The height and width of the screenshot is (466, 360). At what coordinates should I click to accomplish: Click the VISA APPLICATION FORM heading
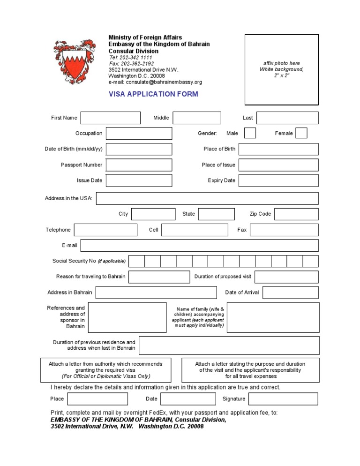coord(153,94)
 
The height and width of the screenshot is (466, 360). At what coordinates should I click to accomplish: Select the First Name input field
coord(111,118)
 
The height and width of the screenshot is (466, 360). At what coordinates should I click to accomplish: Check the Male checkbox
coord(250,133)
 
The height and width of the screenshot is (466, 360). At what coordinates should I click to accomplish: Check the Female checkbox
coord(301,133)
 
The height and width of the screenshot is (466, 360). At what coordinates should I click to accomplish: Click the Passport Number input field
coord(139,165)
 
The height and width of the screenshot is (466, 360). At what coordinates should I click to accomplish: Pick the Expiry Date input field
coord(278,180)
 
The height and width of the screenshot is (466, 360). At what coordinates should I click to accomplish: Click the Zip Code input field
coord(296,214)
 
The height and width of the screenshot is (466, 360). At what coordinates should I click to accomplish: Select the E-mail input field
coord(199,245)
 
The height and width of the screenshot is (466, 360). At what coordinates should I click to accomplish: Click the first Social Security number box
coord(136,261)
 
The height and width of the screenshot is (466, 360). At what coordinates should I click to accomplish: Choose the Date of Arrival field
coord(290,293)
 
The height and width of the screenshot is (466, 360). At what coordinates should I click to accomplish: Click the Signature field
coord(283,398)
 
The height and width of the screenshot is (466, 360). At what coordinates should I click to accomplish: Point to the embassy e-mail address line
coord(155,82)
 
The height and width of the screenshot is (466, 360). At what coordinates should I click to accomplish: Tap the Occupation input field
coord(139,133)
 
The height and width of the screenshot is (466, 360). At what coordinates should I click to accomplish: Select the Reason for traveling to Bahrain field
coord(159,277)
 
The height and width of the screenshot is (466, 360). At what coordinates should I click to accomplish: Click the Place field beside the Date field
coord(97,398)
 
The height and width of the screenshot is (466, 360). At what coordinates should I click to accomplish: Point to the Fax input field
coord(284,230)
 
